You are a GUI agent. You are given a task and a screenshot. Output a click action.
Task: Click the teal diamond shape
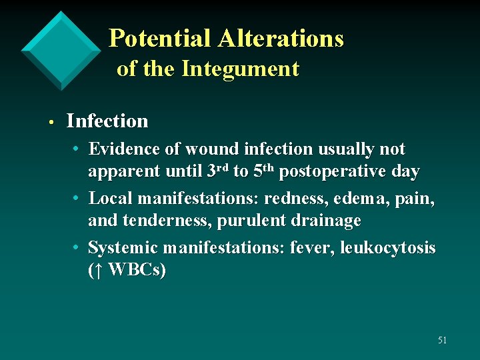[x=61, y=50]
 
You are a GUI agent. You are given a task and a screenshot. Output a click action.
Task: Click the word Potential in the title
[x=159, y=39]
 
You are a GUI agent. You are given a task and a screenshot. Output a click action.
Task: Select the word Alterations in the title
[x=281, y=39]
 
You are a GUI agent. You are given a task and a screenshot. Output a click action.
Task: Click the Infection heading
[x=107, y=121]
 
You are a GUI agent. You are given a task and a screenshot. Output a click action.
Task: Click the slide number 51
[x=442, y=340]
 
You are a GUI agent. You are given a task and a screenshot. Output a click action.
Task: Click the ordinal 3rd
[x=217, y=171]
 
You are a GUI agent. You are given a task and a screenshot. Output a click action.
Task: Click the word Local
[x=108, y=199]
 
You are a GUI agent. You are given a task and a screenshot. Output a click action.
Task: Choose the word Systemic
[x=121, y=248]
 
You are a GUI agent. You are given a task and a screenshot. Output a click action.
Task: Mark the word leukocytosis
[x=387, y=248]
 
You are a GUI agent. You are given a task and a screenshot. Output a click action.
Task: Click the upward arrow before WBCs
[x=97, y=271]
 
